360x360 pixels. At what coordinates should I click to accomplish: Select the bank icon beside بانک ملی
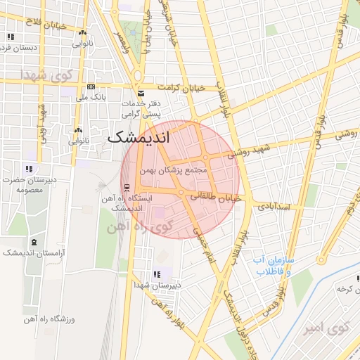pyautogui.click(x=91, y=86)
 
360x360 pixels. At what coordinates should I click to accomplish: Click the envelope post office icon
pyautogui.click(x=141, y=94)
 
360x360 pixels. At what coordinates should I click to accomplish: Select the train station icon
pyautogui.click(x=127, y=187)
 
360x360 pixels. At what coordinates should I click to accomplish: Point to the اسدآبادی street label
pyautogui.click(x=279, y=207)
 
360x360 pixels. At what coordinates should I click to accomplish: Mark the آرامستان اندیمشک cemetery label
pyautogui.click(x=32, y=252)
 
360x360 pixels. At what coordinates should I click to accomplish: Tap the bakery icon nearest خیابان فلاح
pyautogui.click(x=83, y=32)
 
